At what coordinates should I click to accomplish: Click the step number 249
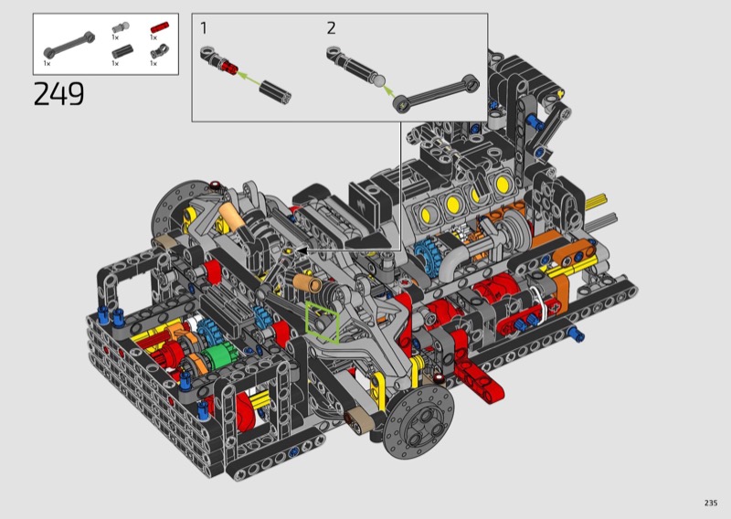(58, 93)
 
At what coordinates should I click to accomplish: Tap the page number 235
(711, 503)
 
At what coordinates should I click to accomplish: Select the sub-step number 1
(203, 28)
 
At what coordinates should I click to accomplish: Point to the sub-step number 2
(331, 28)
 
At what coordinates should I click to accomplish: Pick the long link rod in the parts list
(69, 46)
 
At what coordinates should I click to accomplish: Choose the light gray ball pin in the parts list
(121, 27)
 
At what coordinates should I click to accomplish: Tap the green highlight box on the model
(323, 323)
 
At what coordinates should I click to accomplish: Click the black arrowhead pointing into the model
(302, 251)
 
